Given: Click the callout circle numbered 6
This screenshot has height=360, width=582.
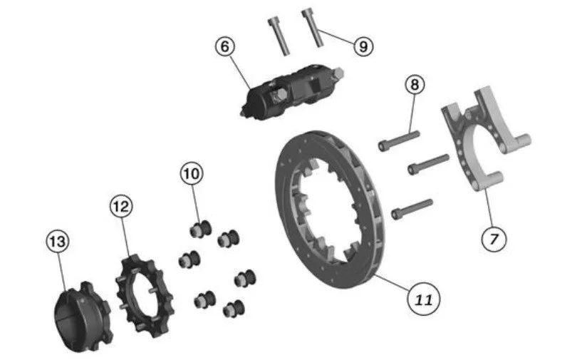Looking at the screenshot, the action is coord(225,46).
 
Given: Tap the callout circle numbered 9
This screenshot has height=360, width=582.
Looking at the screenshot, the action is coord(363,46).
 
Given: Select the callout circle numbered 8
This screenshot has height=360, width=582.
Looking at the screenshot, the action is coord(415,85).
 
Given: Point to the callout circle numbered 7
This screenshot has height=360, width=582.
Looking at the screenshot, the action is coord(494,239).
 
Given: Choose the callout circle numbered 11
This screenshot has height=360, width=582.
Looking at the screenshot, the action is coord(424,299).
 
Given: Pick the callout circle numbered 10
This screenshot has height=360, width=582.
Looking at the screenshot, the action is coord(192,173).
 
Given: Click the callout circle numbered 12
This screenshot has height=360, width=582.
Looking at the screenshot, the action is coord(121,206).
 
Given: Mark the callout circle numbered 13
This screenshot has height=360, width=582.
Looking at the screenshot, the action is coord(58,242).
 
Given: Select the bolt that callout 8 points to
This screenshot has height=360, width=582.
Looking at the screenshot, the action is coord(399,140).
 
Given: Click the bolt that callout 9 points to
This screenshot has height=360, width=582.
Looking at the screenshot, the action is coord(313,28).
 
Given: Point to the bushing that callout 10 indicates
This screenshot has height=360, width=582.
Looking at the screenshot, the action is coord(200,229).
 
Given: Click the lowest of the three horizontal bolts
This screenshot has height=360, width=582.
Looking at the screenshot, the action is coord(412,209).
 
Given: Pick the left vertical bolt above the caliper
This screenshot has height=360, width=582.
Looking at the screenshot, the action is coord(279,37).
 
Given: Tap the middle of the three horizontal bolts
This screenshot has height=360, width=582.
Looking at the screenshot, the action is coord(428,164).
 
